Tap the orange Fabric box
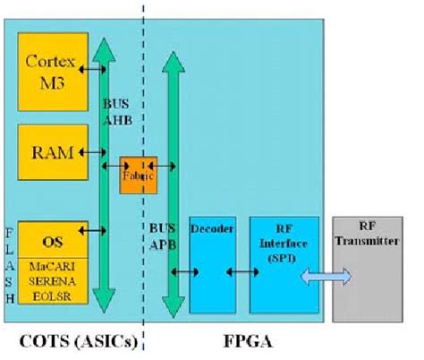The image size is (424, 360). point(139,176)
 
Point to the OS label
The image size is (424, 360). point(52,240)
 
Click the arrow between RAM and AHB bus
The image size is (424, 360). point(91,153)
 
